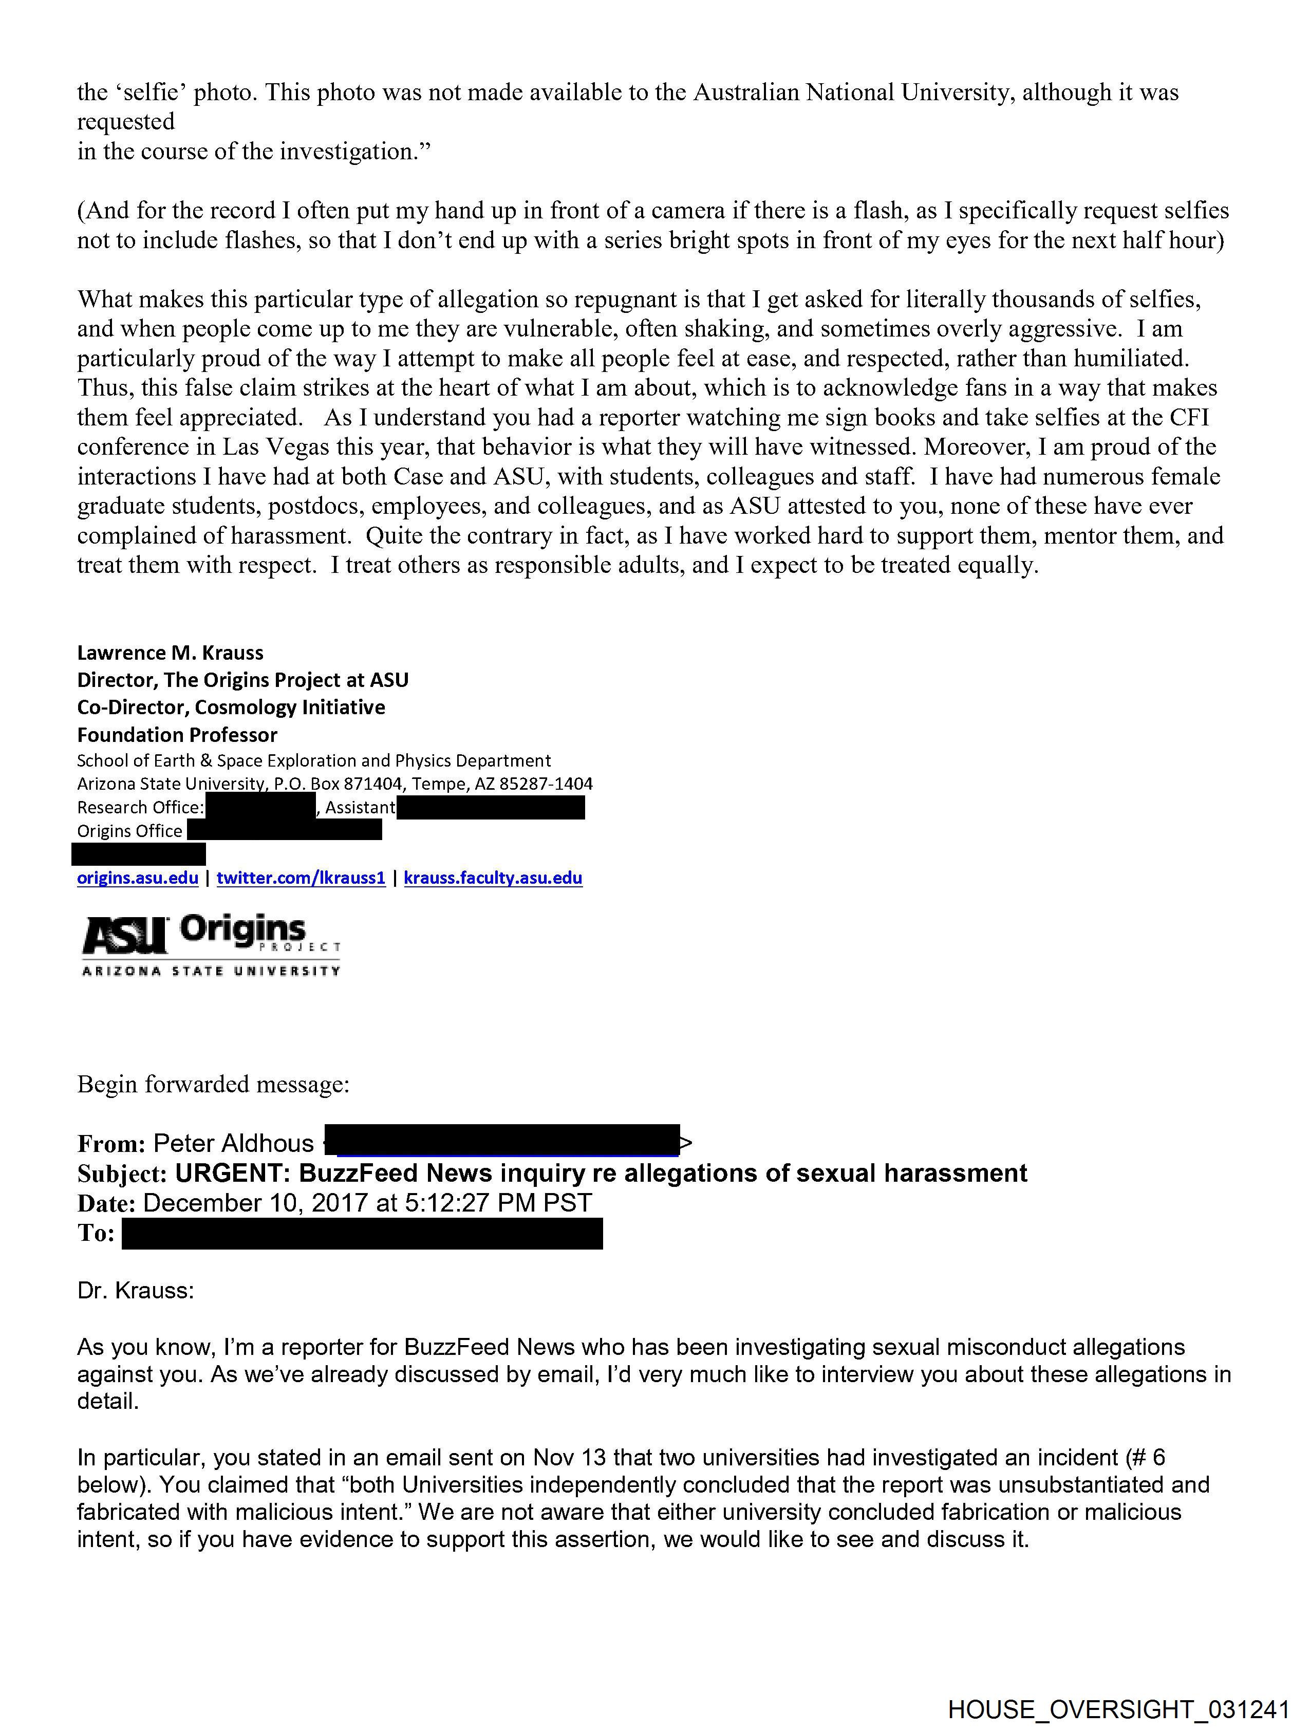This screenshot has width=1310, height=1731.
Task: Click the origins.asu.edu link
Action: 137,878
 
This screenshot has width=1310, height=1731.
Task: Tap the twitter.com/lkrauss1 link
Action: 301,878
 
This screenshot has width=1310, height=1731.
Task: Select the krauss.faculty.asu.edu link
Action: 493,878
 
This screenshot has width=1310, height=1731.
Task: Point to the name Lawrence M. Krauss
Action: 170,653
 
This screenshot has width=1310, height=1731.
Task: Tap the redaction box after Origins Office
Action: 284,830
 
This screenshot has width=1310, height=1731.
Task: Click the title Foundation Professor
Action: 177,735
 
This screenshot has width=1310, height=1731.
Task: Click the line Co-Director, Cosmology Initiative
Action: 231,708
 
